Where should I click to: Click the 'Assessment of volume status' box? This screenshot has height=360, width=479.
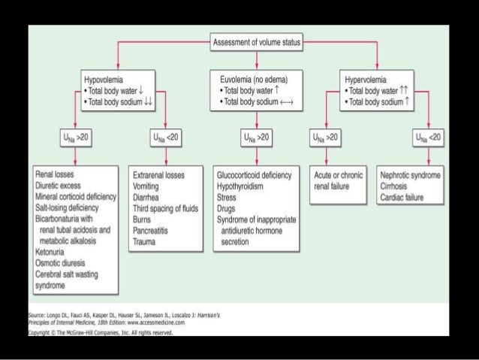257,43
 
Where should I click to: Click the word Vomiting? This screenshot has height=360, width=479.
147,184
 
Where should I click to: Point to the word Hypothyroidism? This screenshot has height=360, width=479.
245,184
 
